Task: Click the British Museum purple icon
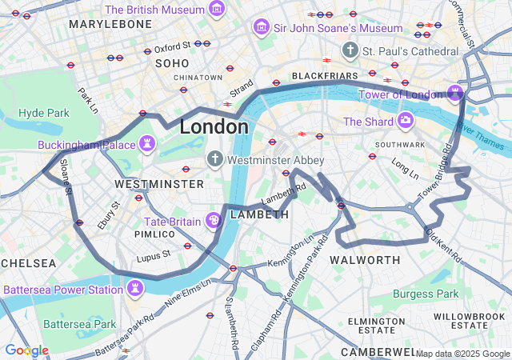[216, 10]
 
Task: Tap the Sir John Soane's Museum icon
[261, 28]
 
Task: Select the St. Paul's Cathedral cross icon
[349, 51]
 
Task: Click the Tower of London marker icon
[455, 94]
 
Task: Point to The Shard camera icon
[406, 122]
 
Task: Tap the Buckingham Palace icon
[147, 145]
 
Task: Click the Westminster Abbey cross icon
[214, 159]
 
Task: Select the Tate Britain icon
[214, 220]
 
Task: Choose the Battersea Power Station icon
[136, 288]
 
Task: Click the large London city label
[214, 126]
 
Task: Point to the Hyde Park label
[44, 113]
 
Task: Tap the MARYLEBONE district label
[110, 25]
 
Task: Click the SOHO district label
[172, 62]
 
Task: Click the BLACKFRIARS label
[324, 76]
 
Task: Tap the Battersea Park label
[79, 324]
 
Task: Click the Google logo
[26, 350]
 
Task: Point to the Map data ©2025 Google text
[462, 354]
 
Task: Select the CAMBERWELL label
[378, 352]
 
